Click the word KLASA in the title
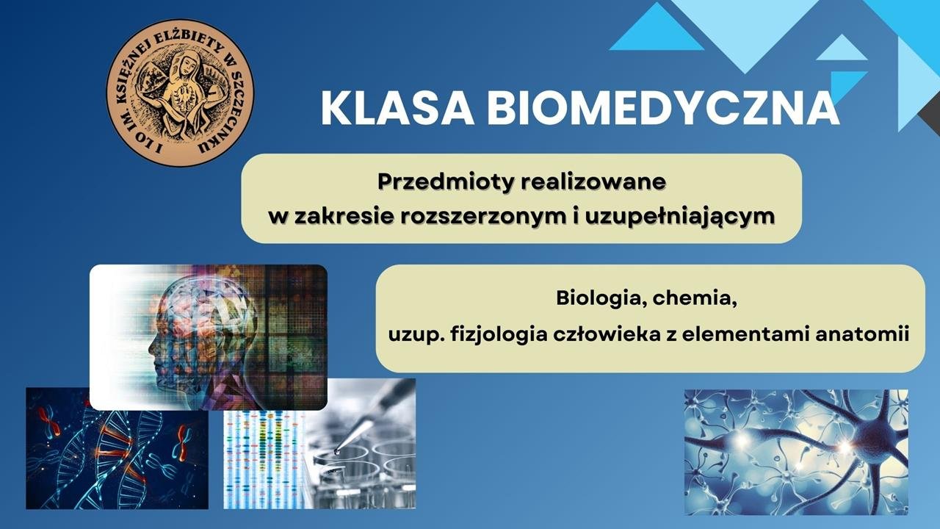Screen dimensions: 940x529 tap(397, 108)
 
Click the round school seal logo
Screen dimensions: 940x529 tap(180, 93)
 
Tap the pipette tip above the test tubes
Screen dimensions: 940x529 tap(337, 451)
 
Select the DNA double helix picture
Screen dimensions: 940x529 tap(117, 448)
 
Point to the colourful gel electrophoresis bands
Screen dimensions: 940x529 tap(264, 460)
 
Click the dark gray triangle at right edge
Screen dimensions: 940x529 tap(930, 118)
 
